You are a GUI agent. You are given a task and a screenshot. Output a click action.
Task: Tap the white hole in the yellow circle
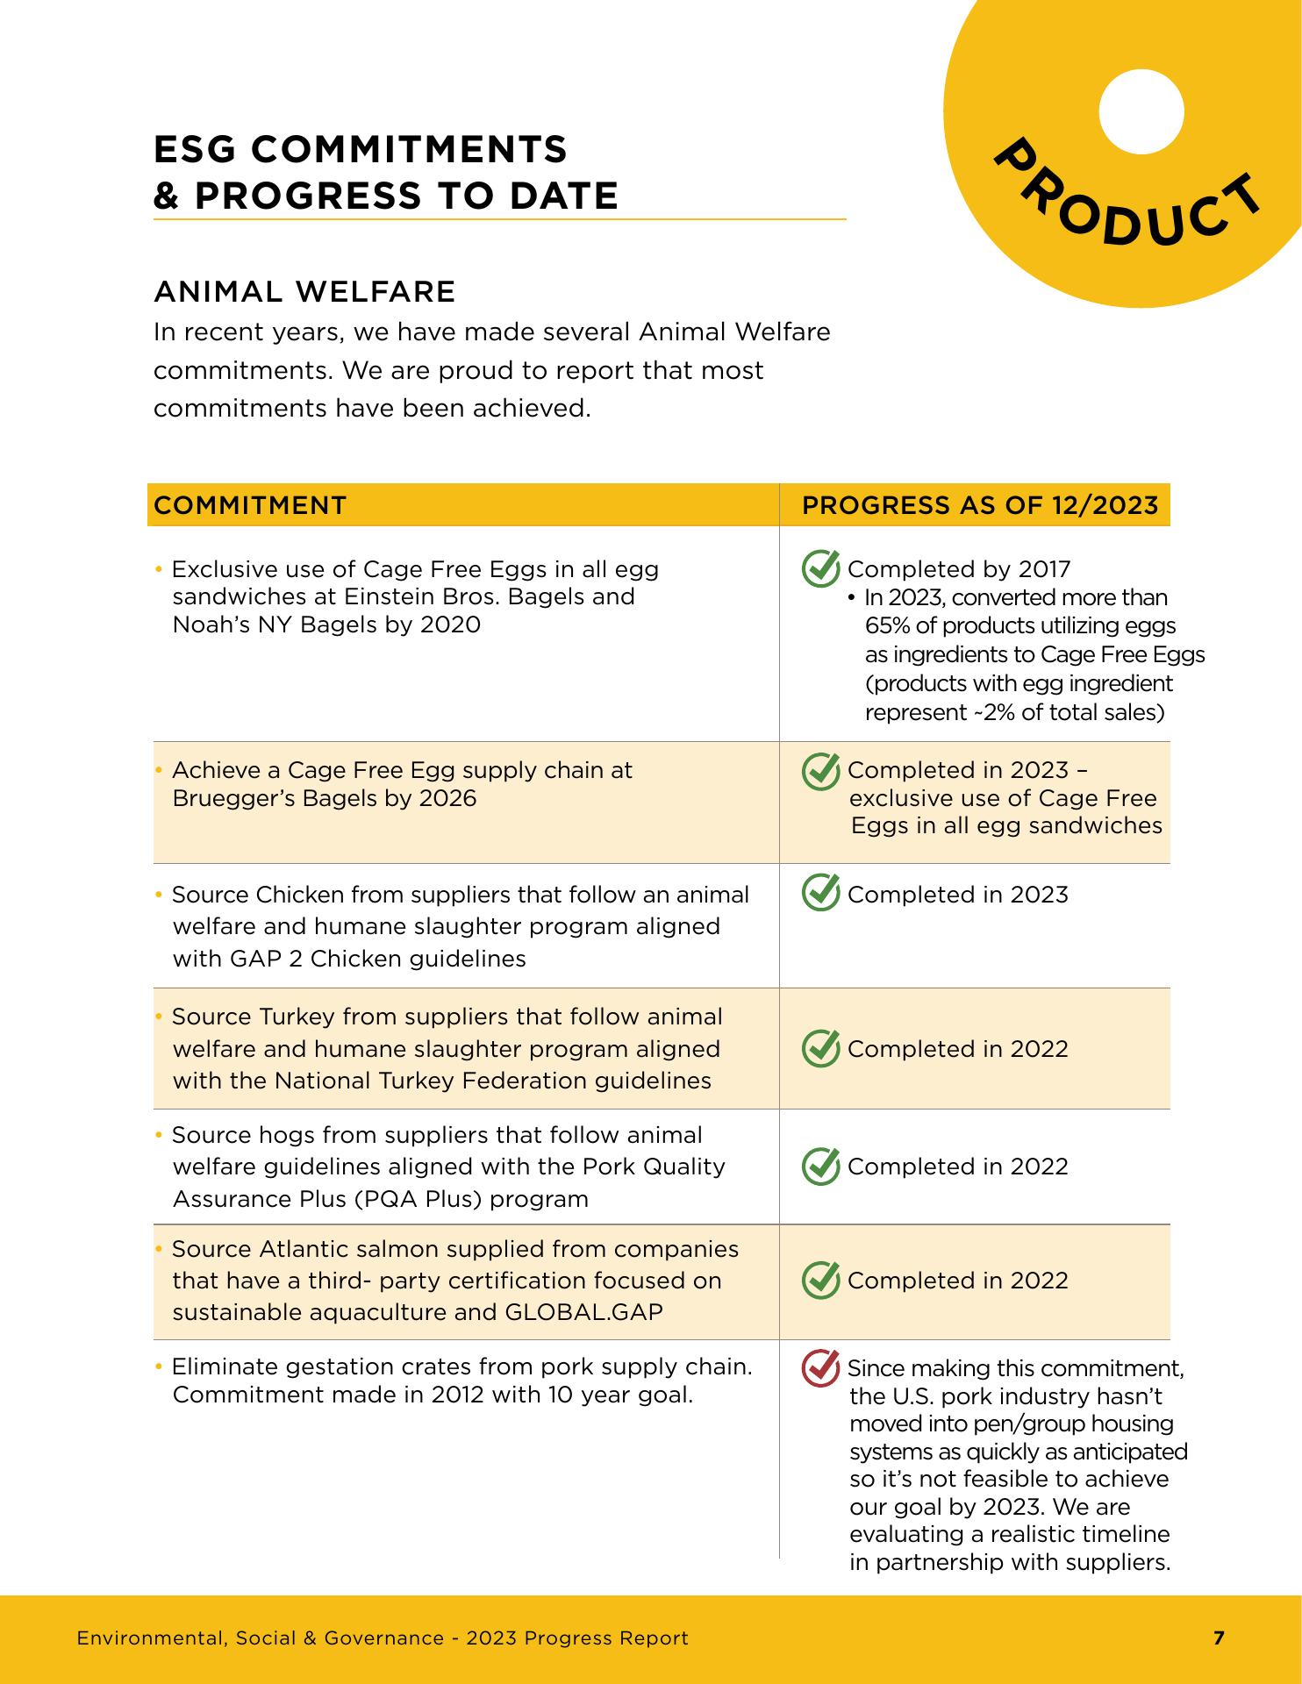(1141, 111)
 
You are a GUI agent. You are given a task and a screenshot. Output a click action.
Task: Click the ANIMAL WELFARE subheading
(304, 291)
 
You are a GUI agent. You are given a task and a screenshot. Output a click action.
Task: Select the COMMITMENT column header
(250, 505)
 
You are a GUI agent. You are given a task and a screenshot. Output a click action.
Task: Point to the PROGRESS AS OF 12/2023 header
(980, 505)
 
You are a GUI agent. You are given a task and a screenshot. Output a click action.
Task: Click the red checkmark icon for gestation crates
(820, 1368)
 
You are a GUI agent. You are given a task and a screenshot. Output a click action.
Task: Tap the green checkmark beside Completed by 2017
(820, 568)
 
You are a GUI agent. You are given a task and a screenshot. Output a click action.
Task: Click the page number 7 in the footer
(1218, 1638)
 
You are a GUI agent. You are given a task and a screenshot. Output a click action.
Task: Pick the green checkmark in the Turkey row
(820, 1048)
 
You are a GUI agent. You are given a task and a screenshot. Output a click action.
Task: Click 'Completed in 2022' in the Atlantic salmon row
(957, 1281)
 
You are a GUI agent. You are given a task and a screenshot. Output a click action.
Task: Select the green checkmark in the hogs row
(820, 1166)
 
